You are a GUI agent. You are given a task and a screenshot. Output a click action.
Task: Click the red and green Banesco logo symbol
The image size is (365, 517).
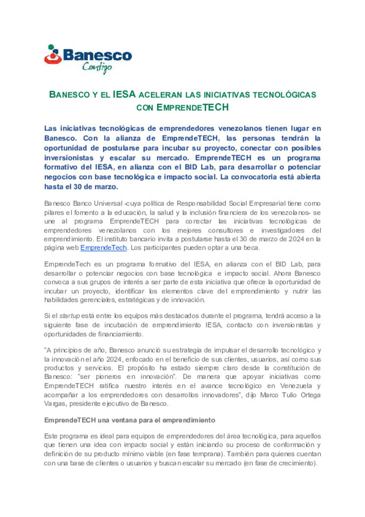tap(52, 55)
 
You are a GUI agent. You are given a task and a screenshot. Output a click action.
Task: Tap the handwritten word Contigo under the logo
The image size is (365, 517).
tap(97, 67)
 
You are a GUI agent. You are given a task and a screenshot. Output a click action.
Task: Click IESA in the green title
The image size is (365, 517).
tap(124, 94)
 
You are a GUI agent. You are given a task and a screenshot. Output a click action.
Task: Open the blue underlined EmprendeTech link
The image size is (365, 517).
tap(103, 248)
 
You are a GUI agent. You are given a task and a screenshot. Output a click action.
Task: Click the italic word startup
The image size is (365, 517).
tap(69, 316)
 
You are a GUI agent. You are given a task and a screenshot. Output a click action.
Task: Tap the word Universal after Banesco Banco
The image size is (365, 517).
tap(108, 204)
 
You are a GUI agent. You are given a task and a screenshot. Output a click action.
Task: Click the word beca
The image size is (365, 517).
tap(251, 248)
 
